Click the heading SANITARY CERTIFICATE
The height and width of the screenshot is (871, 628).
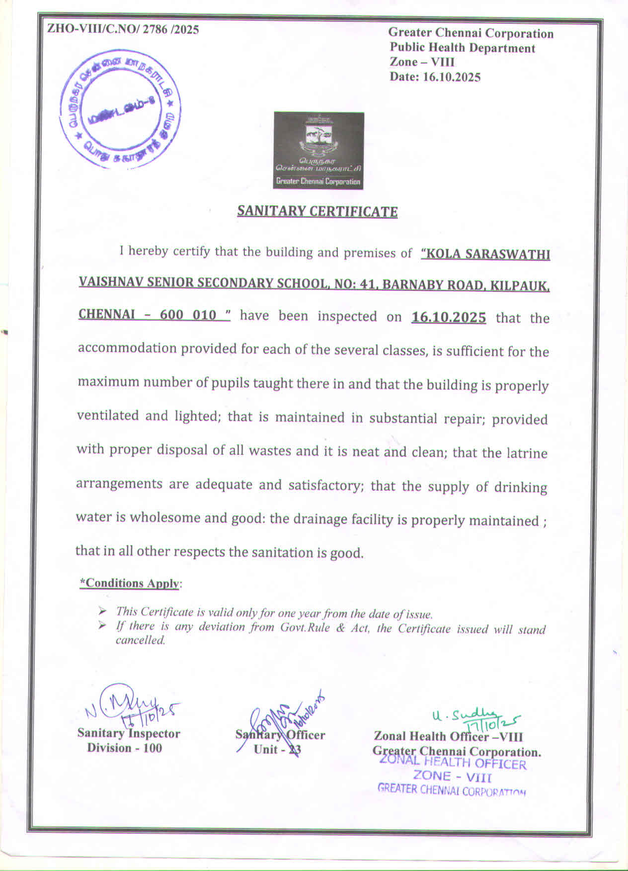click(x=317, y=211)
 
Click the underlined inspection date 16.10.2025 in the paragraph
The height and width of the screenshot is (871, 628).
click(x=449, y=317)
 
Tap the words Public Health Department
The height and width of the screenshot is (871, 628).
click(x=462, y=48)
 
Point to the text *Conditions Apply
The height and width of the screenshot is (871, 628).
click(x=130, y=583)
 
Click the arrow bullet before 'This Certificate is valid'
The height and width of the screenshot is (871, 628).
click(x=102, y=610)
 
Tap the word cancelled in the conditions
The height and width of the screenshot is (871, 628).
click(x=140, y=640)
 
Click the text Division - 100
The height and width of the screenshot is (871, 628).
click(x=125, y=748)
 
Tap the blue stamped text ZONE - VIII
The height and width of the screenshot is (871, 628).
click(x=452, y=776)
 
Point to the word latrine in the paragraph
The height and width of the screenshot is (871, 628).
click(x=528, y=453)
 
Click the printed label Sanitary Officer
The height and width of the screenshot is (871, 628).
click(x=280, y=735)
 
